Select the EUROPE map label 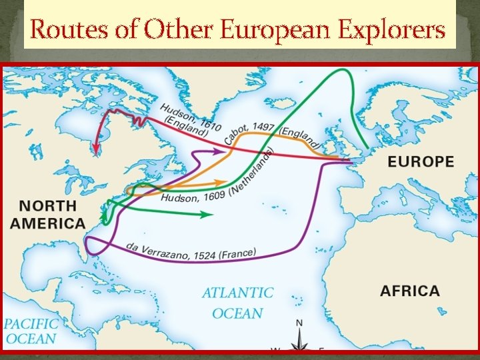421,161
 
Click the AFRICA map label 409,291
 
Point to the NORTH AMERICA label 47,215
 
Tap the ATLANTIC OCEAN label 237,303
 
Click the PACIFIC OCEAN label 31,331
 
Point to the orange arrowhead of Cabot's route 223,181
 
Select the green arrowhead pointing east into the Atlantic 208,215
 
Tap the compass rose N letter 299,323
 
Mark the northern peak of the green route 346,70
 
